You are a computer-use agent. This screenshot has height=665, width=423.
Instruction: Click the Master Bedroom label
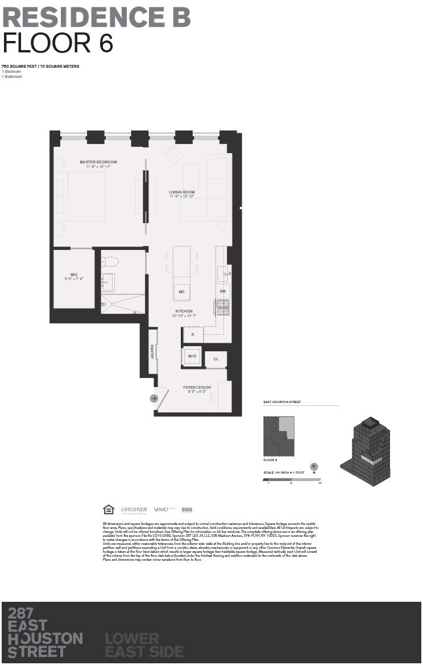pyautogui.click(x=98, y=162)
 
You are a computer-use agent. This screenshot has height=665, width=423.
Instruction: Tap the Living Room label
pyautogui.click(x=182, y=192)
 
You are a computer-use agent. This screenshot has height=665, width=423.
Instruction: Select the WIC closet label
pyautogui.click(x=74, y=274)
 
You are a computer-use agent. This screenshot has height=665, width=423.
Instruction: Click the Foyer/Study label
pyautogui.click(x=197, y=388)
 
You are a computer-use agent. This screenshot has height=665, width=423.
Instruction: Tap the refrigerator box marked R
pyautogui.click(x=193, y=334)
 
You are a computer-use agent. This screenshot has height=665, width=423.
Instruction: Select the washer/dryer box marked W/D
pyautogui.click(x=192, y=356)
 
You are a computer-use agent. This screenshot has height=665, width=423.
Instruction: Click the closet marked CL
pyautogui.click(x=216, y=359)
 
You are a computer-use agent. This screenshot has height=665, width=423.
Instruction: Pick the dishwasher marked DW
pyautogui.click(x=223, y=292)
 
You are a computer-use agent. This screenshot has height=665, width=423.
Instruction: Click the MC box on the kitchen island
pyautogui.click(x=181, y=292)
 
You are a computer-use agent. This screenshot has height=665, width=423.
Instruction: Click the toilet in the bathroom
pyautogui.click(x=109, y=262)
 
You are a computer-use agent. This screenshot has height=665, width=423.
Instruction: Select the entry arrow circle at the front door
pyautogui.click(x=154, y=399)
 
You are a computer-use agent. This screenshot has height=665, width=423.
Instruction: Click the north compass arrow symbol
pyautogui.click(x=314, y=467)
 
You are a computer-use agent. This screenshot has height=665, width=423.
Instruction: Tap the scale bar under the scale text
pyautogui.click(x=292, y=480)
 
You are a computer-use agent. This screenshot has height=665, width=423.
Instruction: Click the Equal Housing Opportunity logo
pyautogui.click(x=108, y=510)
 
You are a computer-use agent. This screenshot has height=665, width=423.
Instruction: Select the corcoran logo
pyautogui.click(x=134, y=510)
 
